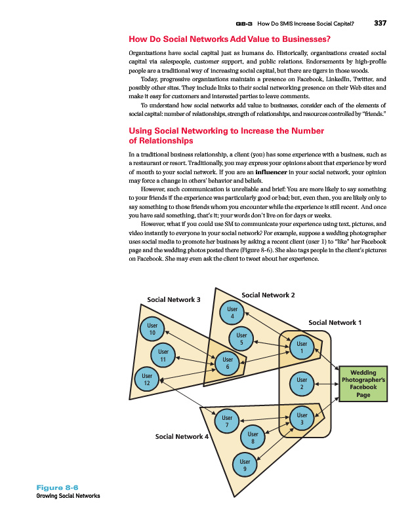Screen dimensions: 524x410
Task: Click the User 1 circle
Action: pyautogui.click(x=302, y=347)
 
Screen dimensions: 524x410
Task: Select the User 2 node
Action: pyautogui.click(x=302, y=384)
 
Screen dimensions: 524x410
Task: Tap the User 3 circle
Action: pyautogui.click(x=302, y=419)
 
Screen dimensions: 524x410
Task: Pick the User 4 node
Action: pyautogui.click(x=232, y=313)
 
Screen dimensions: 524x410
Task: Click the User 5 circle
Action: pyautogui.click(x=241, y=339)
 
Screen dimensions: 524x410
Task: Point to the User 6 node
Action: pyautogui.click(x=227, y=364)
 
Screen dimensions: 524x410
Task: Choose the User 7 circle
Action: pyautogui.click(x=227, y=421)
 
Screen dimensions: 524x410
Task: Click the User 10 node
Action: pyautogui.click(x=152, y=329)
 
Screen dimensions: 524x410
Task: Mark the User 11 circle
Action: pyautogui.click(x=162, y=356)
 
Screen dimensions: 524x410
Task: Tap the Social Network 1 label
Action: pyautogui.click(x=335, y=322)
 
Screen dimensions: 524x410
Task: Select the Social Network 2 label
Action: pyautogui.click(x=268, y=295)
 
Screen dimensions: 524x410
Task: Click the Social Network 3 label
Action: pyautogui.click(x=173, y=300)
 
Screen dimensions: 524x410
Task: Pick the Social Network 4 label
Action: pyautogui.click(x=181, y=436)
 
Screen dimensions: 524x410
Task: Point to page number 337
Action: pyautogui.click(x=380, y=24)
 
